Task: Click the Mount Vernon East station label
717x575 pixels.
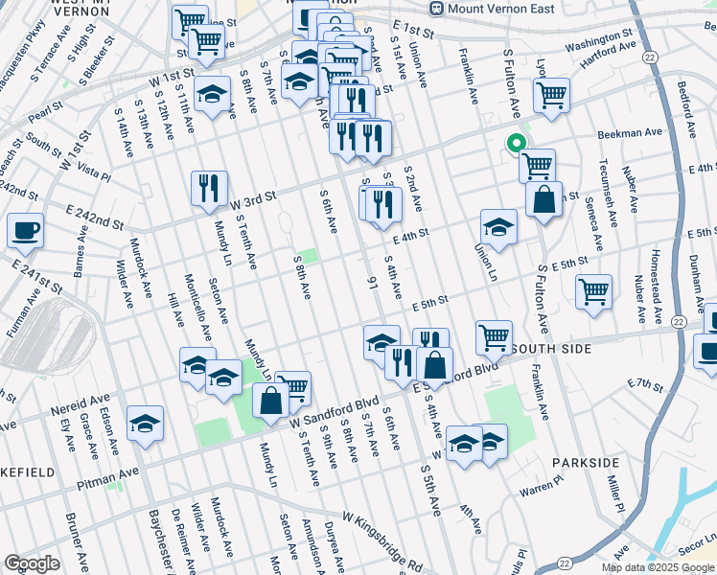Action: pos(487,9)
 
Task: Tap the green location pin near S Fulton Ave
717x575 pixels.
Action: pos(516,145)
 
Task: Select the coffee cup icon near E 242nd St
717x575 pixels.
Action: pos(25,230)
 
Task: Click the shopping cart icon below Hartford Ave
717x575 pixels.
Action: pos(551,95)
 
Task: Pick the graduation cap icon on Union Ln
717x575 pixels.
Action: pos(498,227)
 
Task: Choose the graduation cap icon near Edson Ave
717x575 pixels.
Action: pos(145,423)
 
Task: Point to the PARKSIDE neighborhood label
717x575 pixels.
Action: pos(586,463)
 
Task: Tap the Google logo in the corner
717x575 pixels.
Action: pos(32,563)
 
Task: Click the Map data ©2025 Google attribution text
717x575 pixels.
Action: pos(658,567)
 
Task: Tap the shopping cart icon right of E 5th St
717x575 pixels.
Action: pos(593,290)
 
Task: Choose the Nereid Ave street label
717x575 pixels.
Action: pos(83,406)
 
